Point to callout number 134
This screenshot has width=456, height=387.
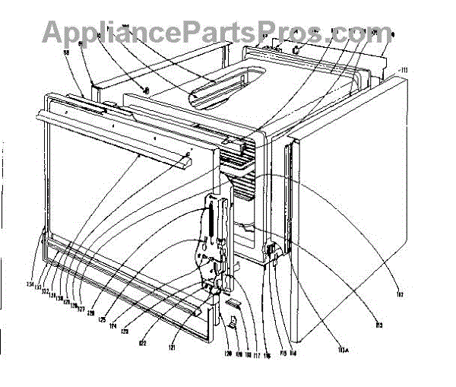(31, 285)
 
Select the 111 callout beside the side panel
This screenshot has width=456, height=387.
(403, 70)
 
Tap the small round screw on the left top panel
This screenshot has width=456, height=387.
(146, 90)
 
